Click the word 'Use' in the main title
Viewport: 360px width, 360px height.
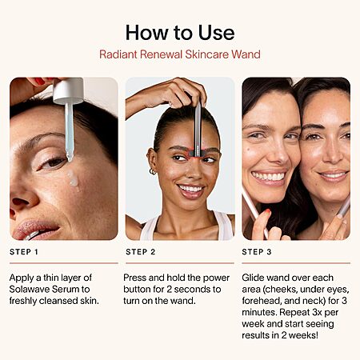pos(216,33)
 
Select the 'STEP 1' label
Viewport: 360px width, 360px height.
pos(24,252)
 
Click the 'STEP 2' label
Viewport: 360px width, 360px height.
pos(140,252)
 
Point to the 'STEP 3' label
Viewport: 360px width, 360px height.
pos(257,252)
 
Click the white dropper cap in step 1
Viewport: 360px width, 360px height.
pos(68,90)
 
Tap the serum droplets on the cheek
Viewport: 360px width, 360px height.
pos(73,179)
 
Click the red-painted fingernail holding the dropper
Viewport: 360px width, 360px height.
pos(40,81)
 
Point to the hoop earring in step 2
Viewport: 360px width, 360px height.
pos(153,171)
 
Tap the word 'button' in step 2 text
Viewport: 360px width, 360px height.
pos(137,289)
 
